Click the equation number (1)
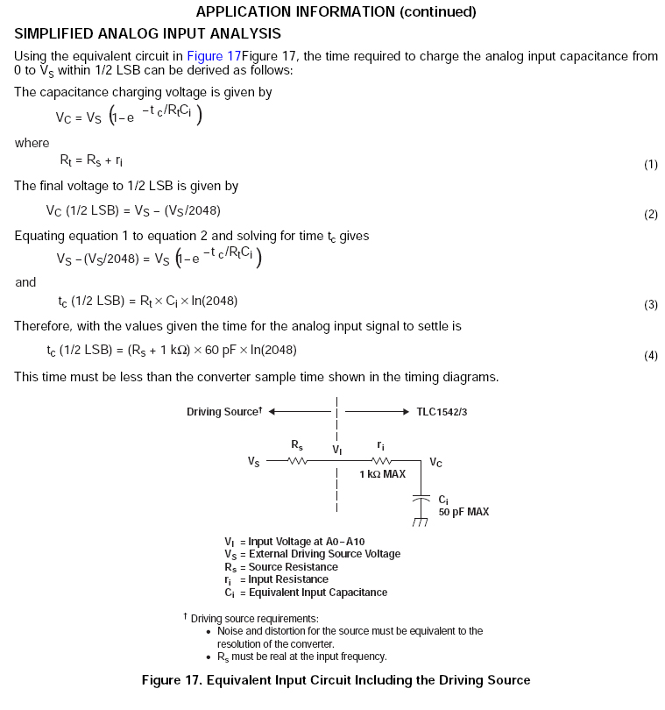point(651,165)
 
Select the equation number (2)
point(651,215)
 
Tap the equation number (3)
point(651,305)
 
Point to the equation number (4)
point(651,355)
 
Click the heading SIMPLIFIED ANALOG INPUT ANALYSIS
point(147,33)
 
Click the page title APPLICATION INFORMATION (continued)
point(336,11)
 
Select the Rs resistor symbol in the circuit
point(298,459)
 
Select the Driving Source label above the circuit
point(223,412)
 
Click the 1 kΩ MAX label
point(382,474)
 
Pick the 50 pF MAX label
point(463,511)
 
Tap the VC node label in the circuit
point(435,460)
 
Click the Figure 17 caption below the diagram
point(336,680)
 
